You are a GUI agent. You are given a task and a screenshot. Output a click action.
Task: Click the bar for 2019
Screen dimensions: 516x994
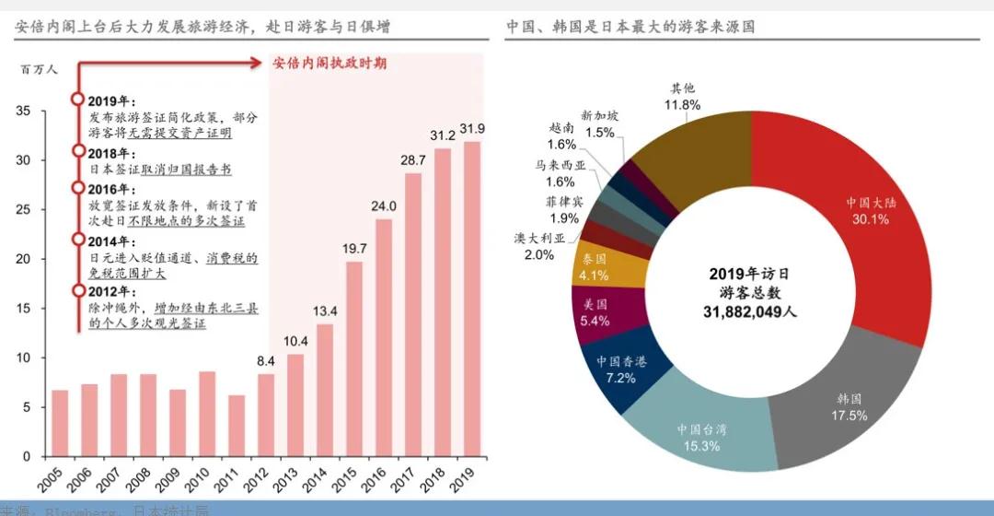point(472,299)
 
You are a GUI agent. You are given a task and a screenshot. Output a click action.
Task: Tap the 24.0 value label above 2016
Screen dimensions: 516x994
point(384,205)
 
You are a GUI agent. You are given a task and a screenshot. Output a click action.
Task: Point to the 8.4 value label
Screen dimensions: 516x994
point(266,360)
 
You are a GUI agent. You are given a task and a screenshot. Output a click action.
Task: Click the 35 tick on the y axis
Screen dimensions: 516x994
point(24,111)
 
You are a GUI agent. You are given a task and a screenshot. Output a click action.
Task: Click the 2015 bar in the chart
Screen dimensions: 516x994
point(354,359)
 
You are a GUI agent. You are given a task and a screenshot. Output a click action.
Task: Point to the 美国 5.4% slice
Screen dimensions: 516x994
point(594,311)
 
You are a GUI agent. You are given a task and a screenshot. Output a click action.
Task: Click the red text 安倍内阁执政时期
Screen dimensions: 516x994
point(329,63)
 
